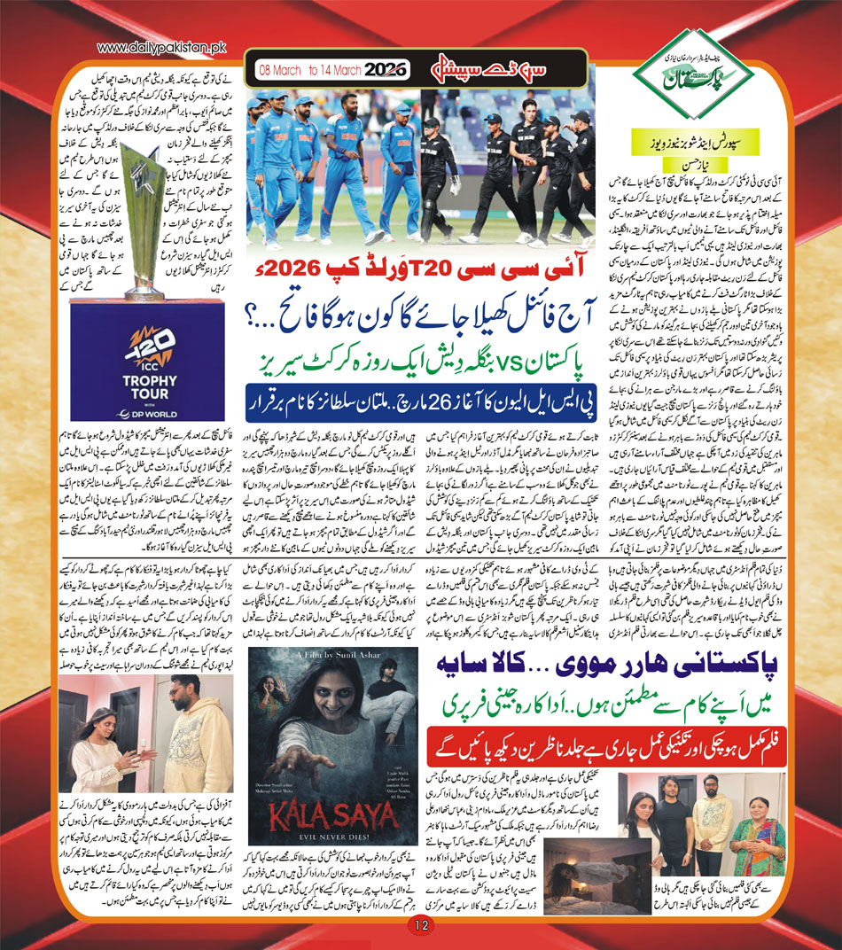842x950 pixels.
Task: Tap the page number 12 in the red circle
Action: pyautogui.click(x=420, y=925)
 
